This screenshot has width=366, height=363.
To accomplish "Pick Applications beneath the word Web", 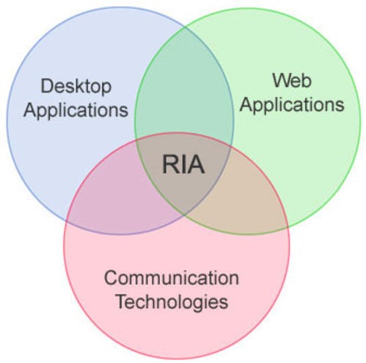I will point(291,104).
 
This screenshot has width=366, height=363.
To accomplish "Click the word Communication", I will point(171,278).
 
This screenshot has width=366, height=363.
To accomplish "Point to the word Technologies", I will point(171,301).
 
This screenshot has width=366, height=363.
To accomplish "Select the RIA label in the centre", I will point(183,165).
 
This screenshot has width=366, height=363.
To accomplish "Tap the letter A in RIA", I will point(195,165).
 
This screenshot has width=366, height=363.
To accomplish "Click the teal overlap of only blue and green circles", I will point(183,96).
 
